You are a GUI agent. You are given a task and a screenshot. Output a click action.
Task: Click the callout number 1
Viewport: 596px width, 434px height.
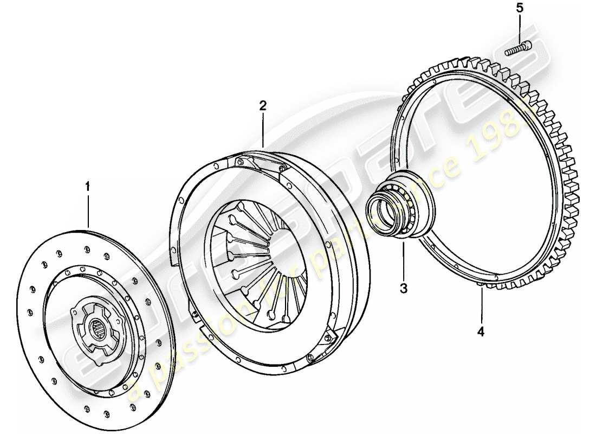pos(87,187)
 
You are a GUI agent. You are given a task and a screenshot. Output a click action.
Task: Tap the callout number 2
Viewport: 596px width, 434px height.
pos(263,105)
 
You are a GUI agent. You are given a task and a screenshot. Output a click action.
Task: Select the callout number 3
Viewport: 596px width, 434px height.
pos(404,288)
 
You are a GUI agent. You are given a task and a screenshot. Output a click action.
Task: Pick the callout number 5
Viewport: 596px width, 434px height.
pos(520,8)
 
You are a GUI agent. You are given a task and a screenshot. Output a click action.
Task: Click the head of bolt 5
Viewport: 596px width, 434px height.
pos(527,46)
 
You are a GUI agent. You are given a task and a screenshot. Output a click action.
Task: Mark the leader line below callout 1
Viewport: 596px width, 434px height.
pos(87,209)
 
